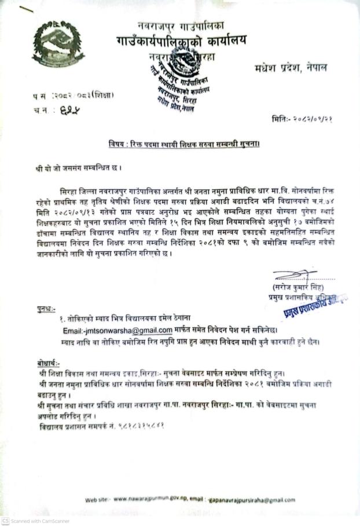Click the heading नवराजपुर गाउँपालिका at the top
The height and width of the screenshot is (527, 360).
coord(181,25)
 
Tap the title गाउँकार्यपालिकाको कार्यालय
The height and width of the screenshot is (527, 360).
coord(181,41)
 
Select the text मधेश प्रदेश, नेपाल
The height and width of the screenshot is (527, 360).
coord(289,68)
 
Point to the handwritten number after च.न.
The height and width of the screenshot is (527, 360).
coord(71,109)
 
